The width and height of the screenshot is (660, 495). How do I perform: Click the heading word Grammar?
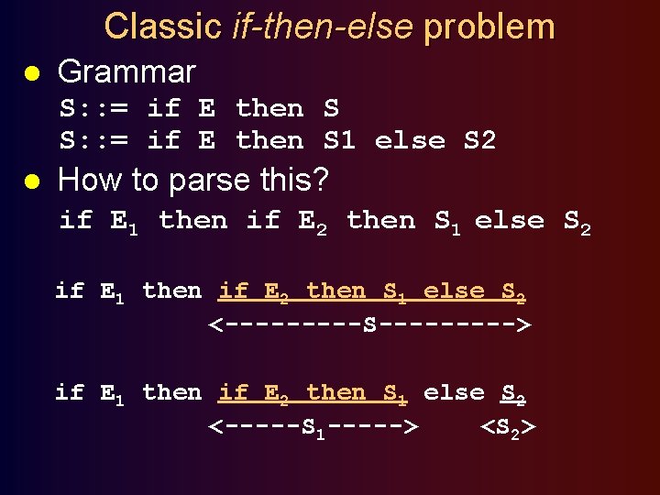[x=126, y=71]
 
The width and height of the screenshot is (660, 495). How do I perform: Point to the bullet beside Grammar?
[x=30, y=73]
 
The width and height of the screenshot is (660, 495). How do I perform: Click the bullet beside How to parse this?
[x=30, y=181]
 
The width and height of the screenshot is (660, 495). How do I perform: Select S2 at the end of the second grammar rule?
[x=479, y=140]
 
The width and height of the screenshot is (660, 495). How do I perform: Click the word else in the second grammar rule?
[x=410, y=140]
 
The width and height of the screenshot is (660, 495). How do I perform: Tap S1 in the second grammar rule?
[x=339, y=140]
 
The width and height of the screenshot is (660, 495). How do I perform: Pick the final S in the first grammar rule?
[x=331, y=108]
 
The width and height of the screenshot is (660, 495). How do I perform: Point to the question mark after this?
[x=320, y=180]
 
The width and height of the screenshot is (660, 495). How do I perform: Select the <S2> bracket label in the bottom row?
[x=510, y=427]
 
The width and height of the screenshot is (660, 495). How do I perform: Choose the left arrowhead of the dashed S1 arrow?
[x=215, y=426]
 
